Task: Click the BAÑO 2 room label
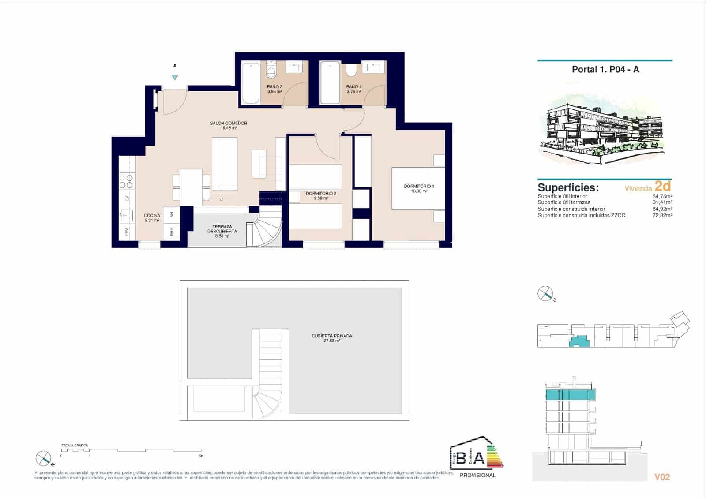[274, 86]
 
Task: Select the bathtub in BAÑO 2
[251, 83]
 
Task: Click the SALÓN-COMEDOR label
[228, 123]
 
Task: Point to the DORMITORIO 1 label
[419, 186]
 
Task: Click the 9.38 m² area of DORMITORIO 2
[321, 198]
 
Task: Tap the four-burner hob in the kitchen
[127, 181]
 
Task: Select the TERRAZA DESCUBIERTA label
[222, 229]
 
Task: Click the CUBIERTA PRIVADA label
[332, 336]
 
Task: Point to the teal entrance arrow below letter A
[175, 77]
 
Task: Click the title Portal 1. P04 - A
[605, 69]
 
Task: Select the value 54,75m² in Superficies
[662, 196]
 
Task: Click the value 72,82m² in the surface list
[662, 215]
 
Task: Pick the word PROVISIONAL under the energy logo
[477, 475]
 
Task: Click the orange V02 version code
[662, 477]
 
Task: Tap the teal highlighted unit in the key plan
[580, 341]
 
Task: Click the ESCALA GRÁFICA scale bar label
[75, 446]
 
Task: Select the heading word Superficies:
[568, 187]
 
